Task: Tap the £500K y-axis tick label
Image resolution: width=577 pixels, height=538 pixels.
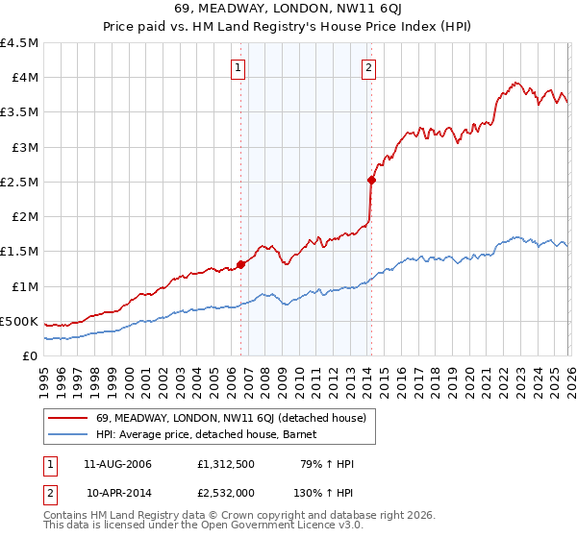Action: [x=19, y=321]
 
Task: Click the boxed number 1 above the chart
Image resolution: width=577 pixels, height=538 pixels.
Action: [x=238, y=67]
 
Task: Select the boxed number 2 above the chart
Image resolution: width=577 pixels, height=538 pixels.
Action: [x=369, y=67]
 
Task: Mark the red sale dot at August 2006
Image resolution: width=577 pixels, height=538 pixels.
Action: [x=240, y=265]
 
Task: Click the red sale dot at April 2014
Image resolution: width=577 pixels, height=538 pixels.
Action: [x=370, y=180]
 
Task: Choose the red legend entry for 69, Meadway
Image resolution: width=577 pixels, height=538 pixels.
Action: [x=231, y=418]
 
